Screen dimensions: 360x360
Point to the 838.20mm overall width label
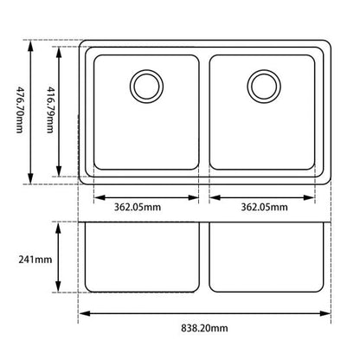[206, 330]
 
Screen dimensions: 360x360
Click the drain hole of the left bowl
[145, 85]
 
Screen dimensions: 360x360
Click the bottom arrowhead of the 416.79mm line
[59, 173]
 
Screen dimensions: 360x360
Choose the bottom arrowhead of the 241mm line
[59, 292]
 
